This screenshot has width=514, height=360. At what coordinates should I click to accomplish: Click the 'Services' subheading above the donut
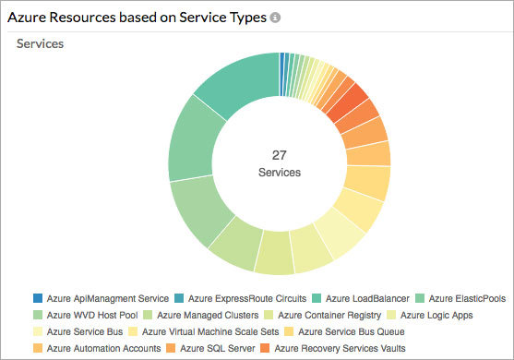pos(41,43)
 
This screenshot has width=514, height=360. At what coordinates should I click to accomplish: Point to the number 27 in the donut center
pos(280,155)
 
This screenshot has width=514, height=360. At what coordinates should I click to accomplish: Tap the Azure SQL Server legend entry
pos(217,348)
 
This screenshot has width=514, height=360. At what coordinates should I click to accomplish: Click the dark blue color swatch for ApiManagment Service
pos(37,298)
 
